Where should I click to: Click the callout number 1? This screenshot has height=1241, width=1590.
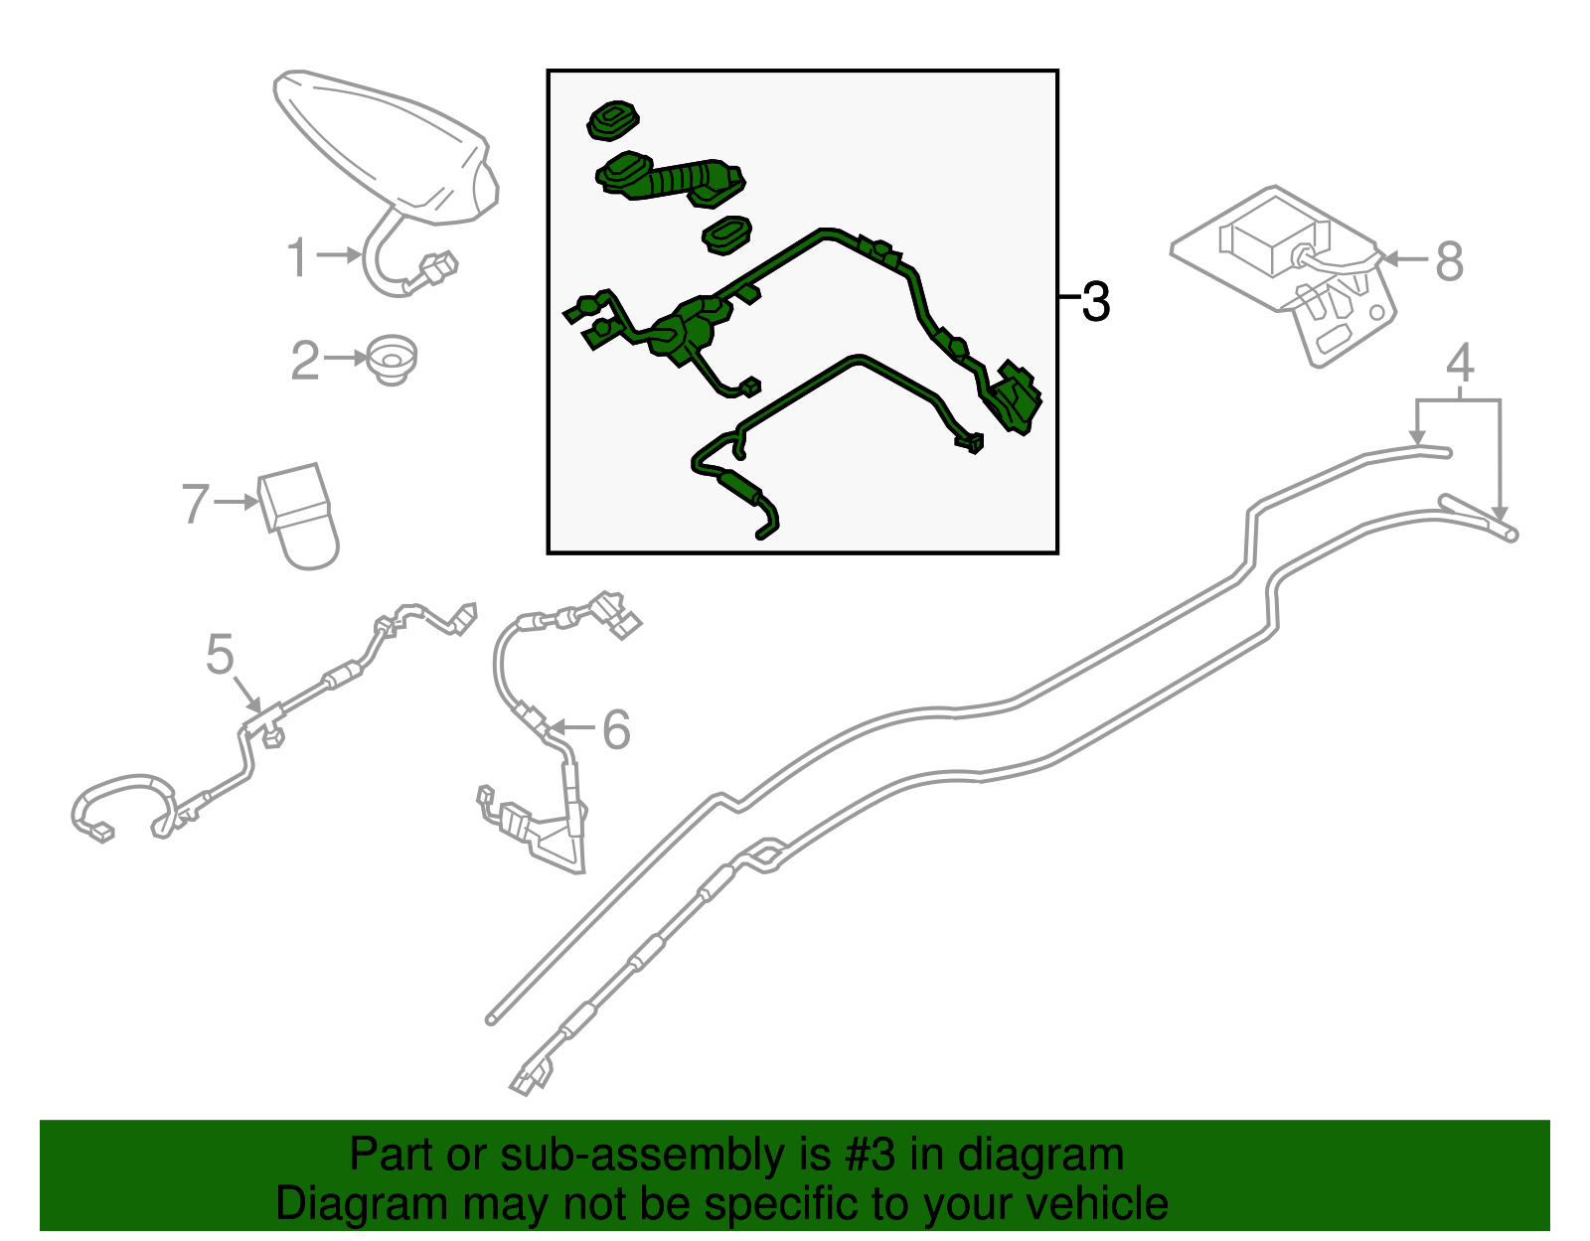point(296,257)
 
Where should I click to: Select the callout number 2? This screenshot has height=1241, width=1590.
point(305,360)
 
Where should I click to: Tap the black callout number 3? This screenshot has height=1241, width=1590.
point(1095,301)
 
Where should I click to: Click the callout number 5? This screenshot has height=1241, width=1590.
point(220,654)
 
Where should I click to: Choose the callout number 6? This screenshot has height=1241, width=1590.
point(615,729)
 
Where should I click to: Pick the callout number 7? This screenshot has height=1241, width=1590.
point(196,504)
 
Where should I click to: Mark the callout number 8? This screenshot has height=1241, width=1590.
point(1449,261)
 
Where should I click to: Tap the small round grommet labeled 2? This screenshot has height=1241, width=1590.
point(393,360)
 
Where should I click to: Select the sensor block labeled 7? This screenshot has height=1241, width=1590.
point(298,516)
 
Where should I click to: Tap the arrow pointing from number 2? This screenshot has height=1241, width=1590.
point(346,358)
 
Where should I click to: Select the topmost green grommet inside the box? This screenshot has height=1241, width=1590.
point(612,121)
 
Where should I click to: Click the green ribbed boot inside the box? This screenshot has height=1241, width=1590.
point(670,178)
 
